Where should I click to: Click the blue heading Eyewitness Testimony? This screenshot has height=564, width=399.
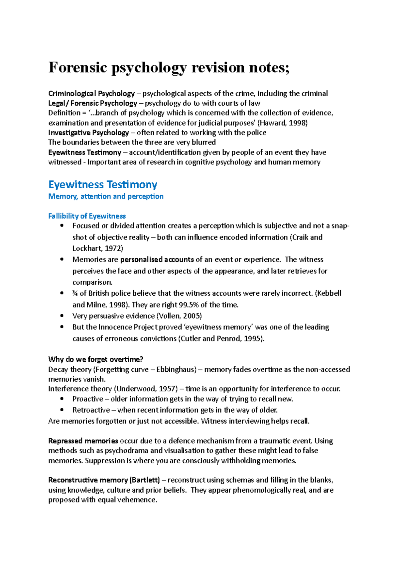103,184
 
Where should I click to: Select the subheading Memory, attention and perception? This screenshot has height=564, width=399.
106,196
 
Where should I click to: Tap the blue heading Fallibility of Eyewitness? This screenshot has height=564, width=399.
87,216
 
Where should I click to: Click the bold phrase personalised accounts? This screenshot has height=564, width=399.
157,259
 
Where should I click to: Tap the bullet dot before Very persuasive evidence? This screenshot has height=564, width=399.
62,316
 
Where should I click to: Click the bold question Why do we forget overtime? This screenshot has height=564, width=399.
95,359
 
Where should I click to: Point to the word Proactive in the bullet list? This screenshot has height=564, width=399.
88,399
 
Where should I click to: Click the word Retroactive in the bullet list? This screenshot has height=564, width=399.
91,410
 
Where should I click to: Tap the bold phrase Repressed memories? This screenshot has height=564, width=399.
83,441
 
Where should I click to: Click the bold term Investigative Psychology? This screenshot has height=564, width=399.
88,133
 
